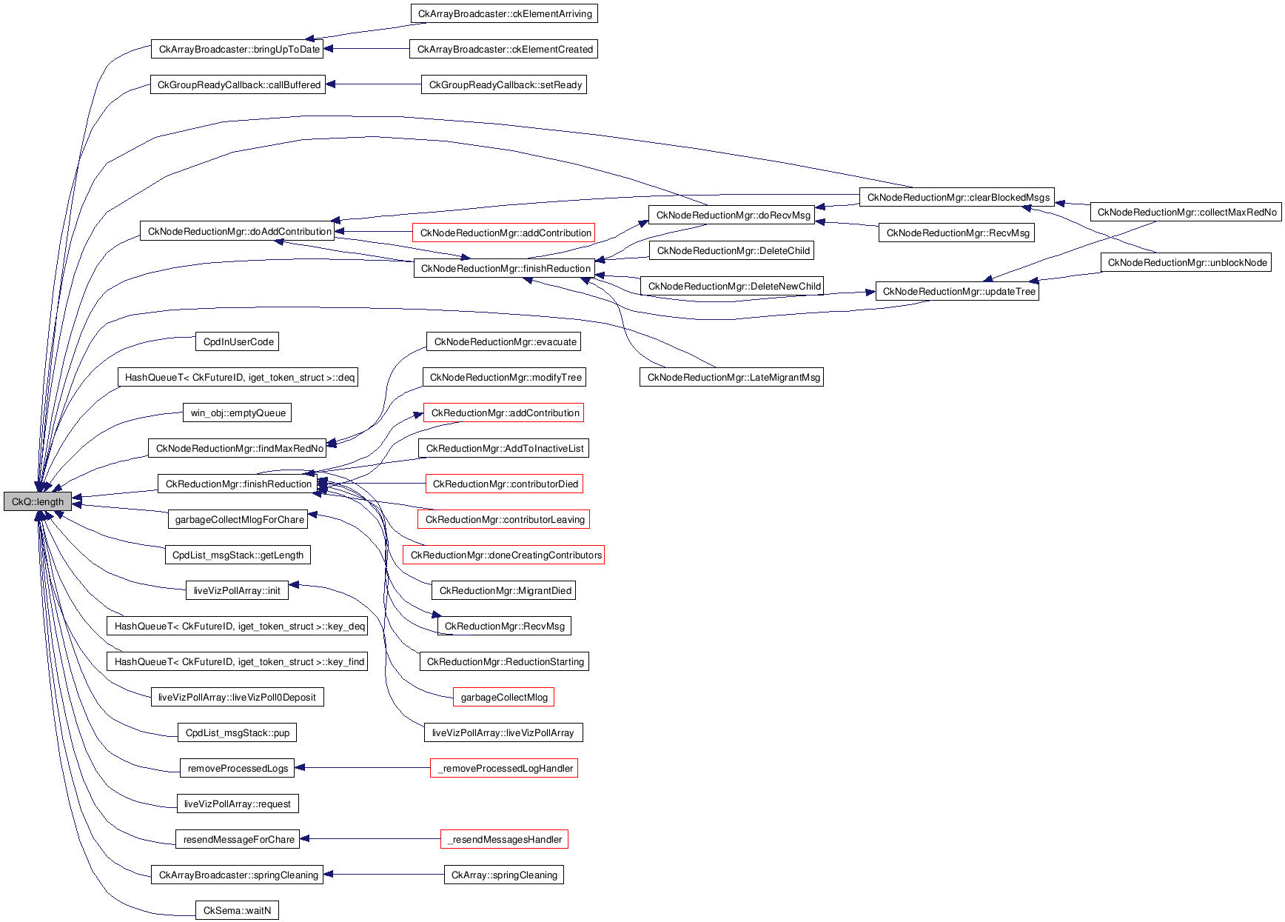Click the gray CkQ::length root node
38,502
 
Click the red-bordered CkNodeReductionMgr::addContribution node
506,233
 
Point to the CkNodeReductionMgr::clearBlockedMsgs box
958,198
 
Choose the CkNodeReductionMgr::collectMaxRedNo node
1187,213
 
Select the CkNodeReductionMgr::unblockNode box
1187,263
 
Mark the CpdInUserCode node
238,342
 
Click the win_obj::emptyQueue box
238,413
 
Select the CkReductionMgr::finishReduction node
238,484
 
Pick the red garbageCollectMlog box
504,698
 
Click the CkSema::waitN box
237,911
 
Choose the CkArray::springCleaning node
504,875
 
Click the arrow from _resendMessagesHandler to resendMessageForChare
370,839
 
